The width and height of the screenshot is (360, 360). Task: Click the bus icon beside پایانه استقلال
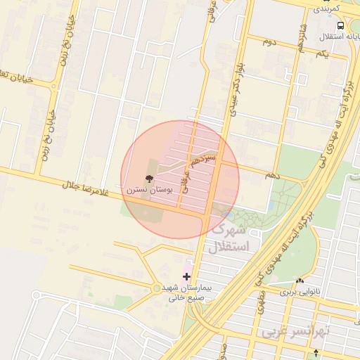341,25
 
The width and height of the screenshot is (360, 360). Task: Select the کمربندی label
327,8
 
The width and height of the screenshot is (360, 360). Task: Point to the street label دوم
267,43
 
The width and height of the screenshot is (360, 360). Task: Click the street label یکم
321,53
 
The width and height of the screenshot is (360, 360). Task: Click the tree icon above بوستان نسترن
148,179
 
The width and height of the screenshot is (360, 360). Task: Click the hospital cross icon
186,276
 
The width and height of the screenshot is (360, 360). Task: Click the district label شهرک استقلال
229,239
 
